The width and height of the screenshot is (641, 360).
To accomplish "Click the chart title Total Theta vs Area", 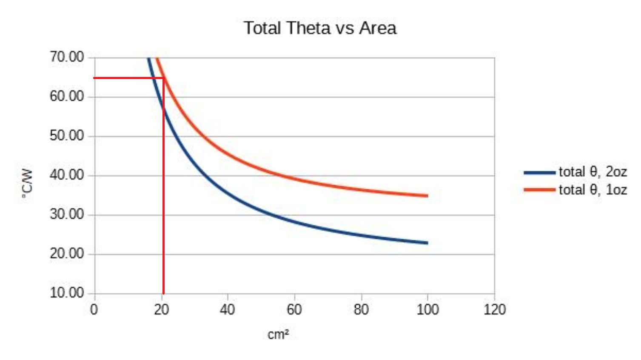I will tap(320, 28).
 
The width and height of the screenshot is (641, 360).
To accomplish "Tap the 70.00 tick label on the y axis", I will tap(67, 57).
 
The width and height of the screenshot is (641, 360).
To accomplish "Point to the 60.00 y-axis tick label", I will tap(67, 96).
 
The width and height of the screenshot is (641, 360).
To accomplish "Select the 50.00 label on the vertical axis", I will tap(67, 136).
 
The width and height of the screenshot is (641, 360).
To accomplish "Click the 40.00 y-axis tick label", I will tap(67, 175).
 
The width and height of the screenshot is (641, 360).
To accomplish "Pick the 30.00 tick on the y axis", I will tap(67, 214).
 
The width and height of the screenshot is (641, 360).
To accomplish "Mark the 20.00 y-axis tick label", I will tap(67, 253).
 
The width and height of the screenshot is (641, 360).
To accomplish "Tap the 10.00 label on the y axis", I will tap(67, 293).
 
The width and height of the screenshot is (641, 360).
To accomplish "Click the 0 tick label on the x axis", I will tap(94, 309).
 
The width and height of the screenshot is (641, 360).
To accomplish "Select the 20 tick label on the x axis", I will tap(161, 309).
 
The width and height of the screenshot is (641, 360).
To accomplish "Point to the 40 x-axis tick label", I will tap(227, 309).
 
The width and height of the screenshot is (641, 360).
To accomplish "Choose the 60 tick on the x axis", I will tap(294, 309).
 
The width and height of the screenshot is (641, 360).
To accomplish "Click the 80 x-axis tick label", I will tap(361, 309).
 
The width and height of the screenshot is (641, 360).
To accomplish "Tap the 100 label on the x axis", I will tap(427, 309).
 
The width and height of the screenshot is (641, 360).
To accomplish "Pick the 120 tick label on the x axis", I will tap(494, 309).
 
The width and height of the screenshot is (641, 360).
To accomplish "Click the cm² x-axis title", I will tap(278, 335).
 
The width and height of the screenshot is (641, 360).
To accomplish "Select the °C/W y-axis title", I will tap(27, 183).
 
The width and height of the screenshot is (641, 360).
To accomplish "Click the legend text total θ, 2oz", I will tap(593, 172).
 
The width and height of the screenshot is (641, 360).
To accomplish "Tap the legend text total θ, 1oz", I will tap(593, 190).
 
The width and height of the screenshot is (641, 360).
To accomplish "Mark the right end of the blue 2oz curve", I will tap(427, 243).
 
